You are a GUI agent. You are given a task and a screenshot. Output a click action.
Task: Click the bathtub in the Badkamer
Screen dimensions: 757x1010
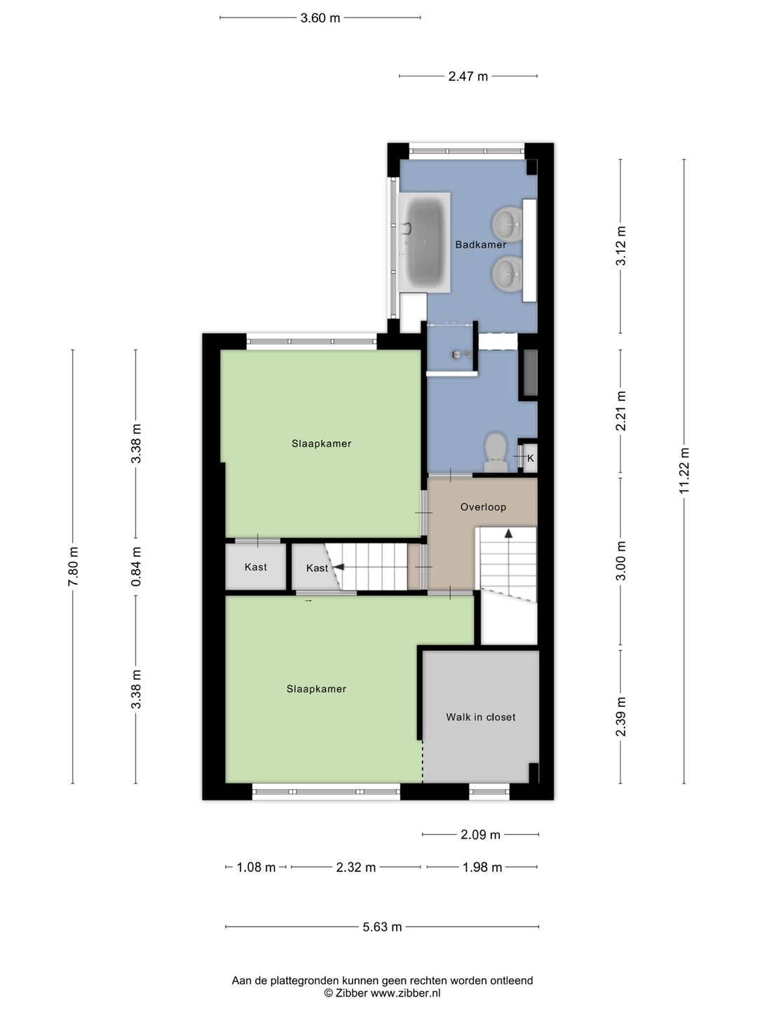click(x=425, y=242)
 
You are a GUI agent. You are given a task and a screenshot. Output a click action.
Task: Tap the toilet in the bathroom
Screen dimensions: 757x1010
click(x=496, y=452)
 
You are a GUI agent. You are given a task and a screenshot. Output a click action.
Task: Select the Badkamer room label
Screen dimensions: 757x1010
click(x=480, y=244)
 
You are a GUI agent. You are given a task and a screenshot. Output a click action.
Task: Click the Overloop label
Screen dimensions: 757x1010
click(x=483, y=506)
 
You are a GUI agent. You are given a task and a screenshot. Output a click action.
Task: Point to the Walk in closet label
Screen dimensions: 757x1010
click(x=480, y=717)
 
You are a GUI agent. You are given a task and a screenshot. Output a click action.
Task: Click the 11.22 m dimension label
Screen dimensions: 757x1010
click(x=684, y=471)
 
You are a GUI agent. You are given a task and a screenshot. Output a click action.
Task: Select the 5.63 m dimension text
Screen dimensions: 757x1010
click(x=382, y=927)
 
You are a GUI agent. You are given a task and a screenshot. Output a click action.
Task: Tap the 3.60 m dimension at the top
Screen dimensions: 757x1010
click(x=320, y=18)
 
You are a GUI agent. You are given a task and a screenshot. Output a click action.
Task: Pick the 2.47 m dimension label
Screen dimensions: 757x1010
click(x=468, y=76)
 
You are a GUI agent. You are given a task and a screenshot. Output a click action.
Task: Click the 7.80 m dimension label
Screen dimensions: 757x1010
click(x=73, y=566)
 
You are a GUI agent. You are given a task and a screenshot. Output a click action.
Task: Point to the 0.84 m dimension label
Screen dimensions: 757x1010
click(x=136, y=567)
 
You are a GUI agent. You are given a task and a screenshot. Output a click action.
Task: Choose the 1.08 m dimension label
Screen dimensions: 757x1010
click(x=256, y=868)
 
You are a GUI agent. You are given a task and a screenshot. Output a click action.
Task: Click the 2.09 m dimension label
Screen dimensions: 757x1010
click(x=480, y=834)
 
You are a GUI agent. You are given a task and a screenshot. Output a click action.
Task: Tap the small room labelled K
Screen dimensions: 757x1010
click(x=531, y=458)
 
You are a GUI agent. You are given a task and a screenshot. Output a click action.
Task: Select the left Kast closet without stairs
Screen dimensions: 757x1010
click(x=256, y=567)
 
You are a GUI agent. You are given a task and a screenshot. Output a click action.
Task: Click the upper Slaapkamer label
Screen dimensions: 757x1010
click(x=321, y=443)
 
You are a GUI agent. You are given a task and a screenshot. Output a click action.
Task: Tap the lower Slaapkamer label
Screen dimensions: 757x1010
click(x=316, y=689)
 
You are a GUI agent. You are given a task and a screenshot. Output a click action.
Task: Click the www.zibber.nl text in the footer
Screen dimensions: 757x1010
click(x=405, y=993)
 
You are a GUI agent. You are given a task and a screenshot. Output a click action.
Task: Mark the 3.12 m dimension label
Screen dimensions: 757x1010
click(x=621, y=245)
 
